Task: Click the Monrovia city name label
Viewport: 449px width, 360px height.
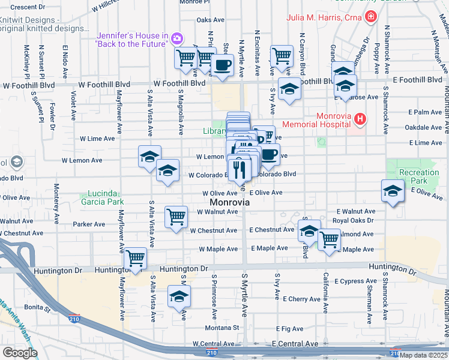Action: [x=229, y=203]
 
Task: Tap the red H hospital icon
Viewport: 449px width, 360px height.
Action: [x=360, y=119]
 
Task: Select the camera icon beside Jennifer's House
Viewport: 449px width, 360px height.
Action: [x=176, y=39]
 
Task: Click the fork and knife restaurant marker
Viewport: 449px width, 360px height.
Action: [x=239, y=167]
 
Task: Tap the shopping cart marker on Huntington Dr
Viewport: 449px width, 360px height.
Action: [x=136, y=259]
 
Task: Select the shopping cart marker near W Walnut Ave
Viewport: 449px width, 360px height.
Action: [x=175, y=217]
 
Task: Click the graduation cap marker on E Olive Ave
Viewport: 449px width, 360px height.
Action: [x=393, y=191]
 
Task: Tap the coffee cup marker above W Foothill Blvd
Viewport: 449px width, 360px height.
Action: [x=223, y=64]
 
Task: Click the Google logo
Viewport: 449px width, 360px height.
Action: [x=19, y=353]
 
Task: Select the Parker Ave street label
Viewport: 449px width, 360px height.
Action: [x=89, y=224]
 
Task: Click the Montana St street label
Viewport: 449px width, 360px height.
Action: [x=222, y=328]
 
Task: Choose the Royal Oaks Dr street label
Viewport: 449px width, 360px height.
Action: [x=354, y=220]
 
